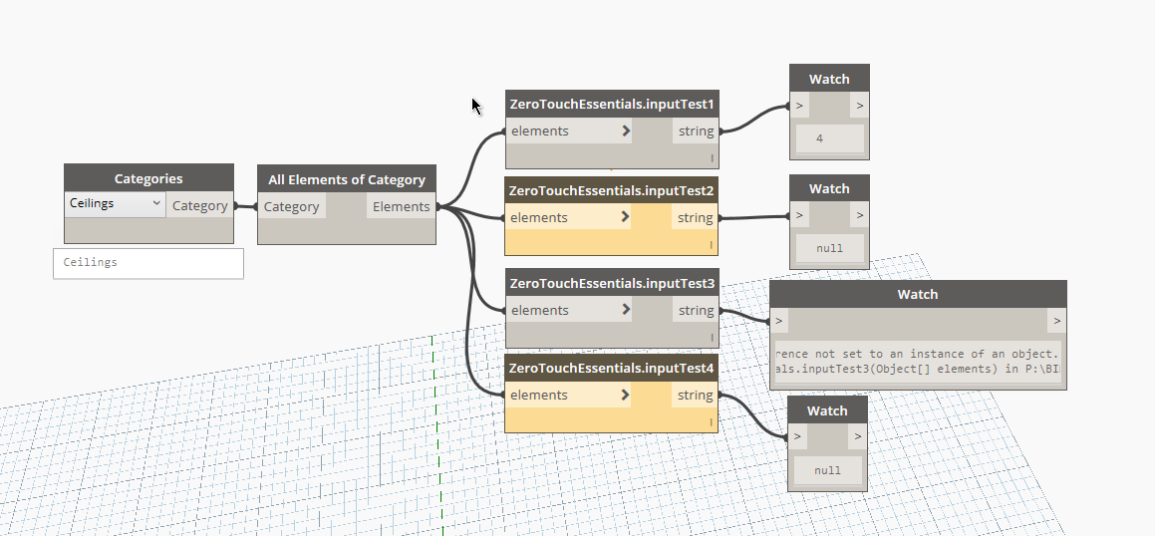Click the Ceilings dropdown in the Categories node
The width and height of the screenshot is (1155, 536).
pos(116,204)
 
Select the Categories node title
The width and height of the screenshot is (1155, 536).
pos(148,179)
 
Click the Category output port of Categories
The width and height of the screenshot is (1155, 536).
pos(199,205)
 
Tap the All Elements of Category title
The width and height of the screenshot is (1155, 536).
pos(346,179)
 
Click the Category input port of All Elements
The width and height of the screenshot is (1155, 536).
pos(292,207)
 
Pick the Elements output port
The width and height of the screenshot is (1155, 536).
pos(401,207)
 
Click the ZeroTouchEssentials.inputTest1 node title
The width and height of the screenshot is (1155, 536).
pos(612,104)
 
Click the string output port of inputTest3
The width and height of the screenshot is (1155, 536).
pos(696,310)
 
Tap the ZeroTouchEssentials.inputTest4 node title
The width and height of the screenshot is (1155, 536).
pos(612,368)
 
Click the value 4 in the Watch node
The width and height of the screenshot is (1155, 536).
pos(820,138)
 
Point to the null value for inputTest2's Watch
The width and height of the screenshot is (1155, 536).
pos(829,248)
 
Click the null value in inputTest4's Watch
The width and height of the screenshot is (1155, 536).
pos(827,470)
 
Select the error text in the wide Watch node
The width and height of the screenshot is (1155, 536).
pos(917,362)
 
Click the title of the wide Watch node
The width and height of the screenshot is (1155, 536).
pos(918,295)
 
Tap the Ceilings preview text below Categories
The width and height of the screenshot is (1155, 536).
pos(91,262)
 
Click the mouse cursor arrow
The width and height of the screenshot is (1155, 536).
pos(476,107)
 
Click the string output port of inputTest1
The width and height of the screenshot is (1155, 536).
pos(697,132)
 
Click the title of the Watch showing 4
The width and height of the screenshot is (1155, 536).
pos(829,79)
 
